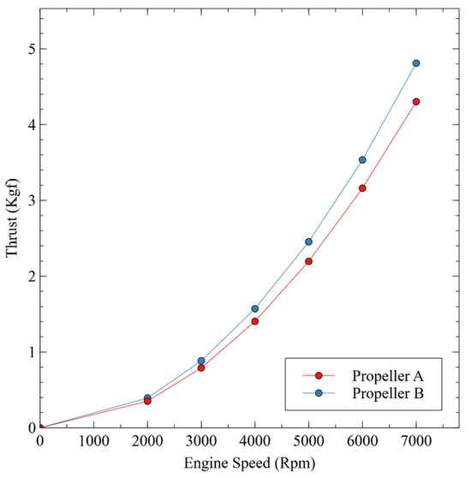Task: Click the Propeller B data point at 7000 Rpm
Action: [x=416, y=63]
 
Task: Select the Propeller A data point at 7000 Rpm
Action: [x=416, y=101]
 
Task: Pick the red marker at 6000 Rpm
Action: [x=362, y=188]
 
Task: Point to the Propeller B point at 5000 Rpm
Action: [x=308, y=242]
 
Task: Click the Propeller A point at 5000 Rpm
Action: [x=308, y=261]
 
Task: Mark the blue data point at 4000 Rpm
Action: [x=255, y=308]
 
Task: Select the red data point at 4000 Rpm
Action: [x=255, y=321]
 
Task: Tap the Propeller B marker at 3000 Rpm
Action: [x=201, y=361]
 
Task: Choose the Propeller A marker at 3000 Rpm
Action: [x=201, y=367]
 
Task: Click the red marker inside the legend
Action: [x=319, y=375]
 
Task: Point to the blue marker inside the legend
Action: [x=319, y=393]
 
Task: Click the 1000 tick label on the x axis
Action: [x=93, y=442]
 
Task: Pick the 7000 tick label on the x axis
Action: [x=416, y=442]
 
